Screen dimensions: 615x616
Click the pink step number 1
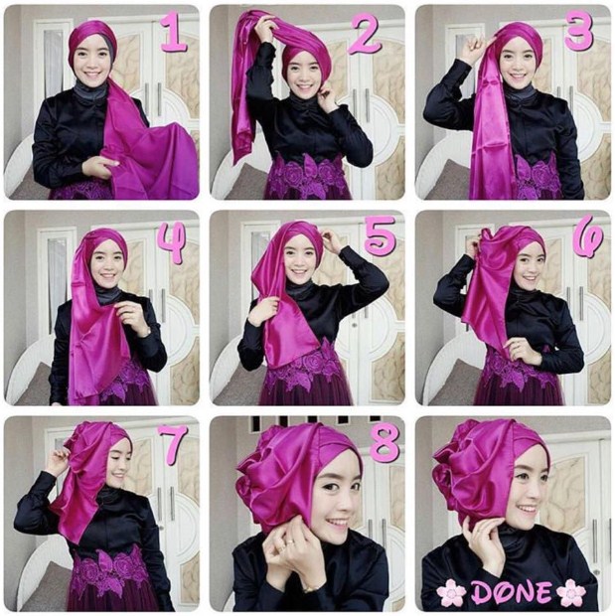coord(173,34)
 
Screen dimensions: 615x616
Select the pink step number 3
coord(578,32)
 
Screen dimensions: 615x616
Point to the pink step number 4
coord(172,243)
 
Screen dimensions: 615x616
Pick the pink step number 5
coord(379,235)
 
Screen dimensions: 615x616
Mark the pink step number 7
coord(173,445)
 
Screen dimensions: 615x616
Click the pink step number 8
coord(383,442)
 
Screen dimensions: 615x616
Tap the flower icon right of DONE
coord(571,591)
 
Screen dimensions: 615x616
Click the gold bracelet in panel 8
coord(310,588)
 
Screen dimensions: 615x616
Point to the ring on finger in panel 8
coord(289,542)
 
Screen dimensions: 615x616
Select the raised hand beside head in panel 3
coord(473,49)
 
